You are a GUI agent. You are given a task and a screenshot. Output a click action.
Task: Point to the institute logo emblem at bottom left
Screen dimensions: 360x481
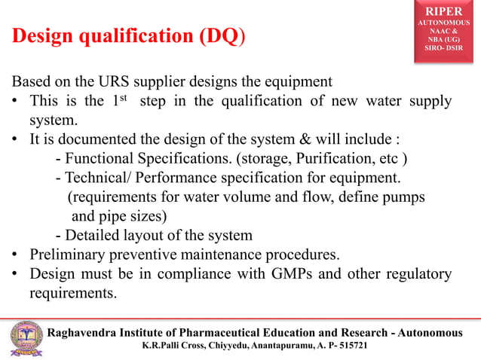pyautogui.click(x=24, y=339)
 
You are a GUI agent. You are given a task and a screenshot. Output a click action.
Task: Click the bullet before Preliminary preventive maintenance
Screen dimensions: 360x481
pyautogui.click(x=15, y=254)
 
